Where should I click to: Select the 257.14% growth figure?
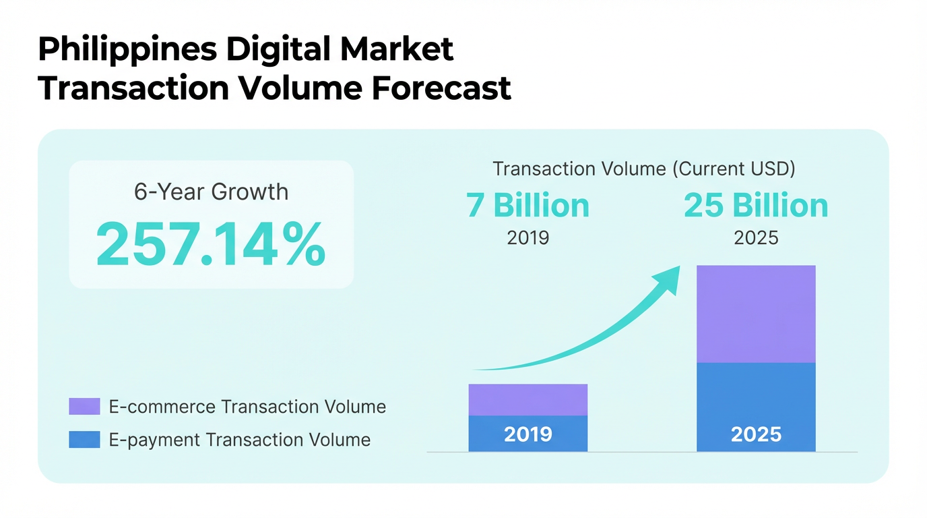coord(211,244)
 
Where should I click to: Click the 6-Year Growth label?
coord(211,192)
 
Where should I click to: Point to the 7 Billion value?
coord(528,206)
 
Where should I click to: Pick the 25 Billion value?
coord(756,206)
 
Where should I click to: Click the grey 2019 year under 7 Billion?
coord(528,238)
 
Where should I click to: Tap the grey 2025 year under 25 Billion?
coord(756,238)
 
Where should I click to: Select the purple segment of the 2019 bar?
coord(528,399)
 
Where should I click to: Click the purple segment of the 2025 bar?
coord(756,314)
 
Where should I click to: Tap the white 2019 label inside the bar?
coord(528,434)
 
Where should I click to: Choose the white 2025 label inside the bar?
coord(756,434)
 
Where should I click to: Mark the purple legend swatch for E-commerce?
coord(84,407)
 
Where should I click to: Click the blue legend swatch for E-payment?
coord(84,440)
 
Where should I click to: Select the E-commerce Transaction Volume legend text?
coord(247,407)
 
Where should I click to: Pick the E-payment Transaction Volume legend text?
coord(239,440)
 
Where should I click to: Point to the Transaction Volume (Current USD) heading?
coord(643,169)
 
